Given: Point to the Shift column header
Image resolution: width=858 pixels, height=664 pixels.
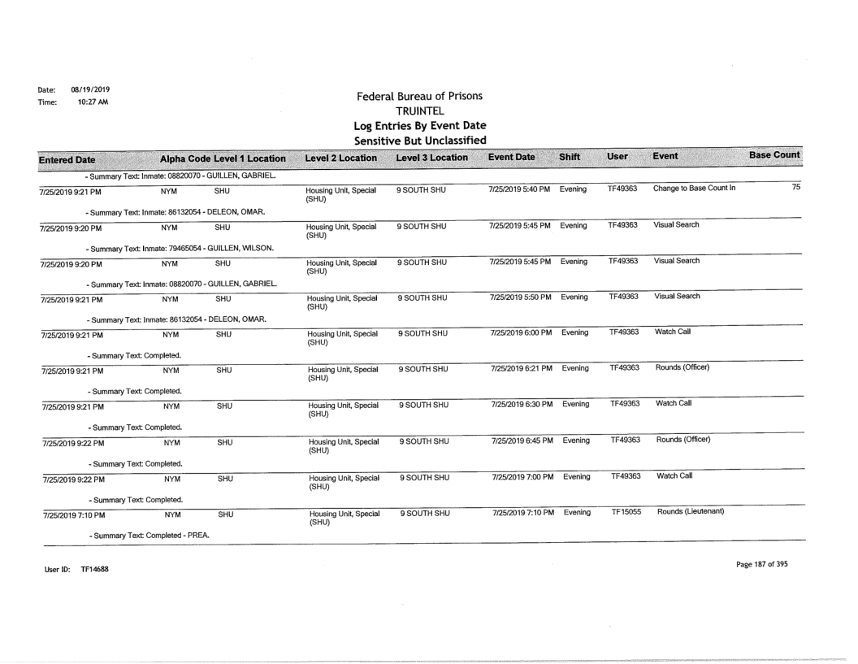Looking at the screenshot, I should [572, 154].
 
